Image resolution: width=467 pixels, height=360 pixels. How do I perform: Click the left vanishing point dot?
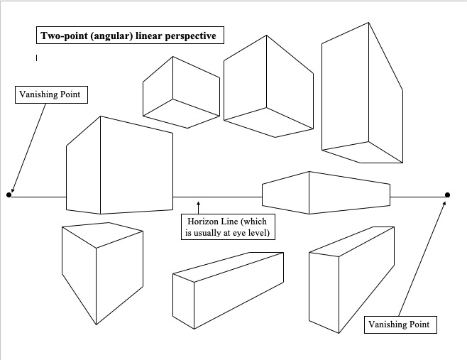(9, 195)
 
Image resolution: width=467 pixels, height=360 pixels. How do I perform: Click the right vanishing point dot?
(447, 195)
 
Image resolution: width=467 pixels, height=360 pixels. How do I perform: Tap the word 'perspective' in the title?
(191, 36)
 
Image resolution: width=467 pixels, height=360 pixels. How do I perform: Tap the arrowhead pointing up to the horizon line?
(198, 204)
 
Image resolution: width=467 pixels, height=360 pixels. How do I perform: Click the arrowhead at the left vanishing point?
(13, 190)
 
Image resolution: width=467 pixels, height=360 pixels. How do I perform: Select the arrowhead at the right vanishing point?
(444, 203)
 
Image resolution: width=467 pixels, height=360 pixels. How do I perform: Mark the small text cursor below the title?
(37, 58)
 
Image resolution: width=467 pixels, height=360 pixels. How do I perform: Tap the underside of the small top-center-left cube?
(181, 114)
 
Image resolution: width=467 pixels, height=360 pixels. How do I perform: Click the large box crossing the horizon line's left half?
(119, 165)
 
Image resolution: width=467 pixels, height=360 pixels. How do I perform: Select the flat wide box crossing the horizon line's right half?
(326, 193)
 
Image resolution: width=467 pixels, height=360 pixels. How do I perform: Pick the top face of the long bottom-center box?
(228, 266)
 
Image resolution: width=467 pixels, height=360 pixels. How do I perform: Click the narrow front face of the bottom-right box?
(324, 293)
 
